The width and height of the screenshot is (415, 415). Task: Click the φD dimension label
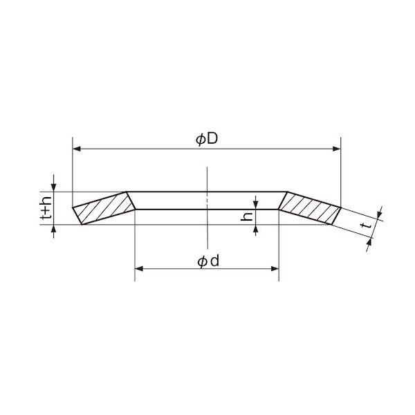click(207, 139)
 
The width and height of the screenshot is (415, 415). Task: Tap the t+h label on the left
click(46, 208)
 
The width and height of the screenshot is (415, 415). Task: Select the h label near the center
click(247, 216)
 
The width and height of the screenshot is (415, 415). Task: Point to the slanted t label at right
click(366, 225)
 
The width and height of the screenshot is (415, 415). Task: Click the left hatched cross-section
click(104, 208)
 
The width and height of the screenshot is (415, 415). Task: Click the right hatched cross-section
click(310, 208)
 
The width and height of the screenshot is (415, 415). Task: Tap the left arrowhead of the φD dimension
click(77, 149)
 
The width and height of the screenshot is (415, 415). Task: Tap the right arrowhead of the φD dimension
click(336, 149)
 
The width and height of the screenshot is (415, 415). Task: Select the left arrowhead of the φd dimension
click(139, 269)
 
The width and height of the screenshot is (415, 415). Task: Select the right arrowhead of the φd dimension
click(275, 269)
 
